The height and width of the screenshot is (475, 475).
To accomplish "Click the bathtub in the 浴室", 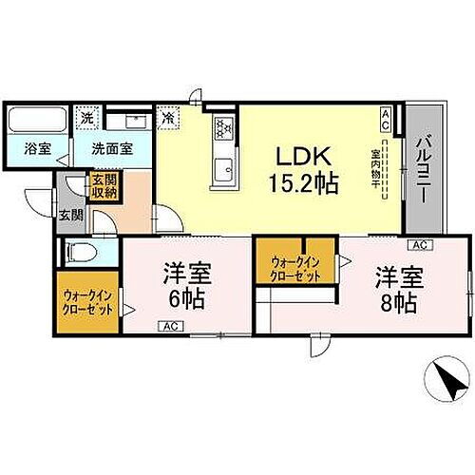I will [x=35, y=122].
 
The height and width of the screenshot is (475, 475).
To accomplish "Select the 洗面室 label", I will [x=112, y=148].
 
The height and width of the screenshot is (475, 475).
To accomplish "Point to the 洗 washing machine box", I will [x=86, y=119].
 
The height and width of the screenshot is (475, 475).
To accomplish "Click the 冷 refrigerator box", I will [x=168, y=120].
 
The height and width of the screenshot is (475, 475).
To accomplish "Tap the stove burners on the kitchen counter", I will [x=226, y=129].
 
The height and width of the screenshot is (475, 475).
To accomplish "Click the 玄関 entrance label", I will [x=70, y=215].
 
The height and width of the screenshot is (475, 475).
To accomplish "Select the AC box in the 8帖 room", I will [x=420, y=244].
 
